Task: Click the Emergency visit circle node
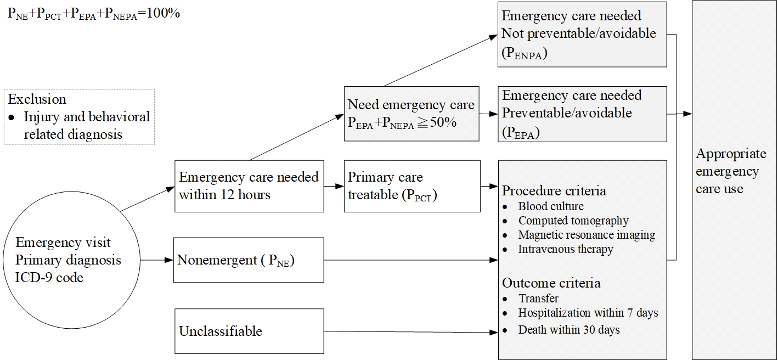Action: pos(71,260)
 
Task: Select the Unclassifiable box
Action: pos(250,331)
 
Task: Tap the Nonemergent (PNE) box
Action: pos(249,260)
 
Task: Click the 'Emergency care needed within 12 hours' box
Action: pos(250,186)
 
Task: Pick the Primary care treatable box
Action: pos(412,186)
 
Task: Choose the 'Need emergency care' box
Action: pos(411,114)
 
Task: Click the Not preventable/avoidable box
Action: pos(582,35)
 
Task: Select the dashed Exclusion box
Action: pos(79,117)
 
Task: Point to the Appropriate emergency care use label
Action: pos(731,171)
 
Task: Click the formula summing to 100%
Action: pos(94,14)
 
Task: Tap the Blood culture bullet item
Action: pos(543,206)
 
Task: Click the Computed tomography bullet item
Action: pos(566,221)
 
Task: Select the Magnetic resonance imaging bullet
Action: pos(579,235)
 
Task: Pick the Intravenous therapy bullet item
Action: pos(558,249)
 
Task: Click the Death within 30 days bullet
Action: pos(561,329)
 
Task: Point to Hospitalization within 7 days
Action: pos(580,313)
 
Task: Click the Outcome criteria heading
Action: pos(551,283)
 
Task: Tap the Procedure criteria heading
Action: pos(554,191)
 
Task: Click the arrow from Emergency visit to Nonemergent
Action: pos(157,260)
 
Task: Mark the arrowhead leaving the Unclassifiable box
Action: pos(494,332)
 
